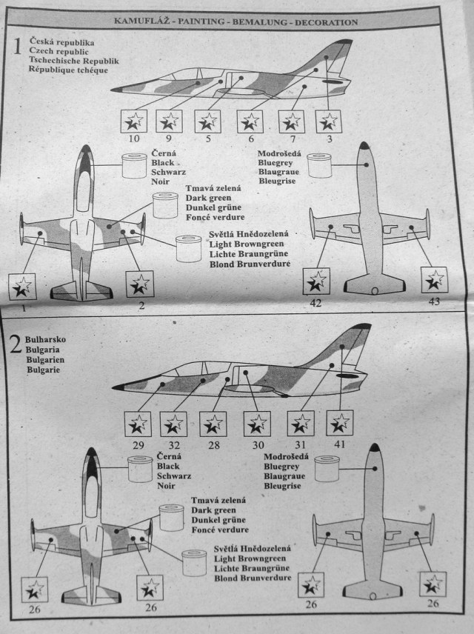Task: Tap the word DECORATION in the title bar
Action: [325, 22]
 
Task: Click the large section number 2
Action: [16, 345]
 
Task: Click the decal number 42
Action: [316, 302]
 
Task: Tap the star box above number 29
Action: [138, 424]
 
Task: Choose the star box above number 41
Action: [340, 424]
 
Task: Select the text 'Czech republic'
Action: [59, 52]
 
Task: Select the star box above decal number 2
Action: [139, 284]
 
